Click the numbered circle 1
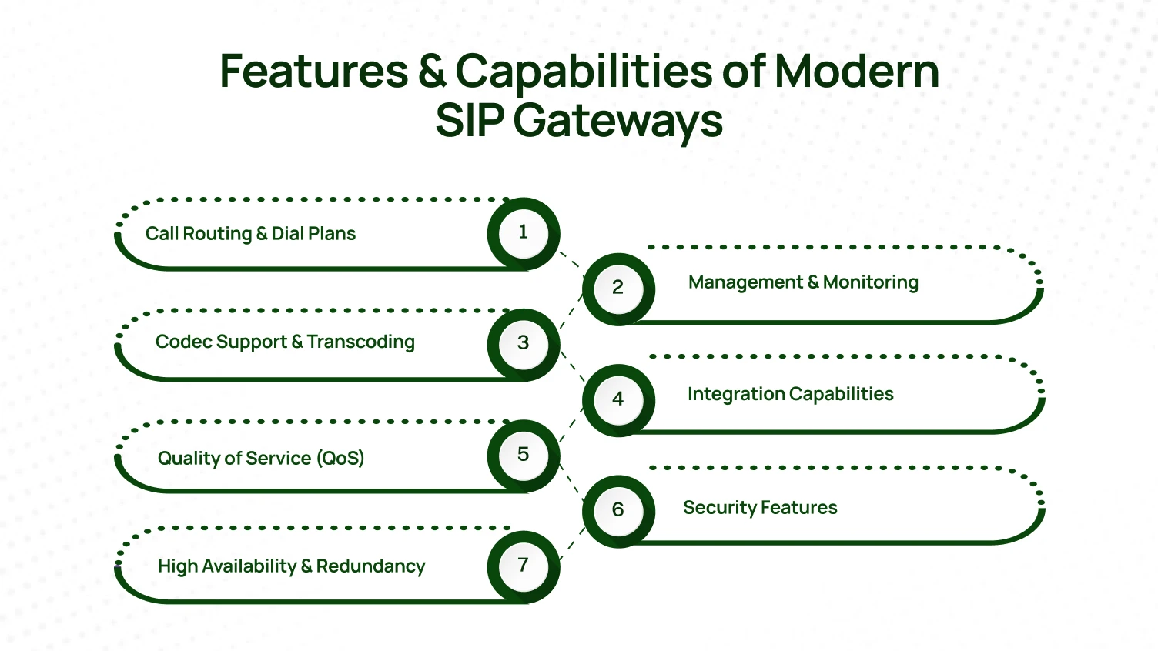(524, 232)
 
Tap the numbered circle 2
(617, 288)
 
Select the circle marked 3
(524, 343)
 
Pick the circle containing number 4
(617, 399)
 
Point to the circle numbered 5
(524, 454)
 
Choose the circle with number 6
(617, 509)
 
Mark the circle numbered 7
(524, 566)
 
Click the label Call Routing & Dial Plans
(250, 234)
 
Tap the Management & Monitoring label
(803, 282)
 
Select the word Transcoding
(360, 342)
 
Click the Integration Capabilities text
(790, 394)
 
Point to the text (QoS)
(340, 458)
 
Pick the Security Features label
(760, 508)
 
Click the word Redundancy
(370, 566)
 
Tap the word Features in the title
(314, 72)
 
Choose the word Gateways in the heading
(618, 122)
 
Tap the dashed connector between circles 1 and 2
(571, 260)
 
